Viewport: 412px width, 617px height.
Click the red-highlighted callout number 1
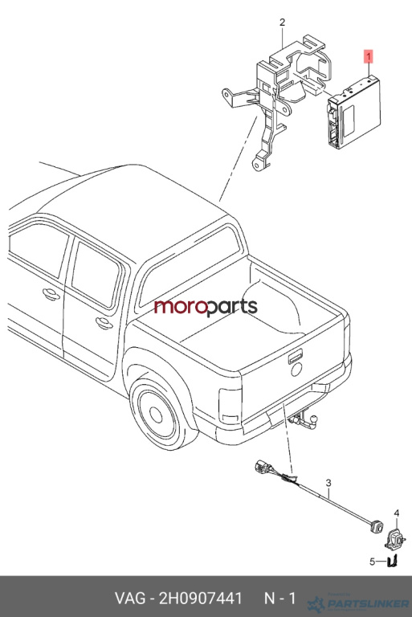tap(369, 57)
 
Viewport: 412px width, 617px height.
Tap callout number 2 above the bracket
tap(282, 22)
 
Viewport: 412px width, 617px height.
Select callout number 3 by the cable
tap(328, 483)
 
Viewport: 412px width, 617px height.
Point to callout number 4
tap(397, 513)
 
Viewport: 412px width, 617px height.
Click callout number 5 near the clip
tap(372, 562)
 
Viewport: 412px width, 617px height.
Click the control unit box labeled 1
tap(354, 113)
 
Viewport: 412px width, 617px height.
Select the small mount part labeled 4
tap(395, 539)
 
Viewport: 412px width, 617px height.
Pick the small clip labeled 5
tap(393, 561)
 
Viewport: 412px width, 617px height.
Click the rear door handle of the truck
tap(104, 323)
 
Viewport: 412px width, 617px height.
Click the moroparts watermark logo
tap(206, 307)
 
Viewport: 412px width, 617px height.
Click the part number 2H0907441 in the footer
tap(200, 598)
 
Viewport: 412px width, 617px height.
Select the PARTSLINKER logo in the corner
tap(357, 603)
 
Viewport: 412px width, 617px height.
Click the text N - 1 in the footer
tap(279, 598)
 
